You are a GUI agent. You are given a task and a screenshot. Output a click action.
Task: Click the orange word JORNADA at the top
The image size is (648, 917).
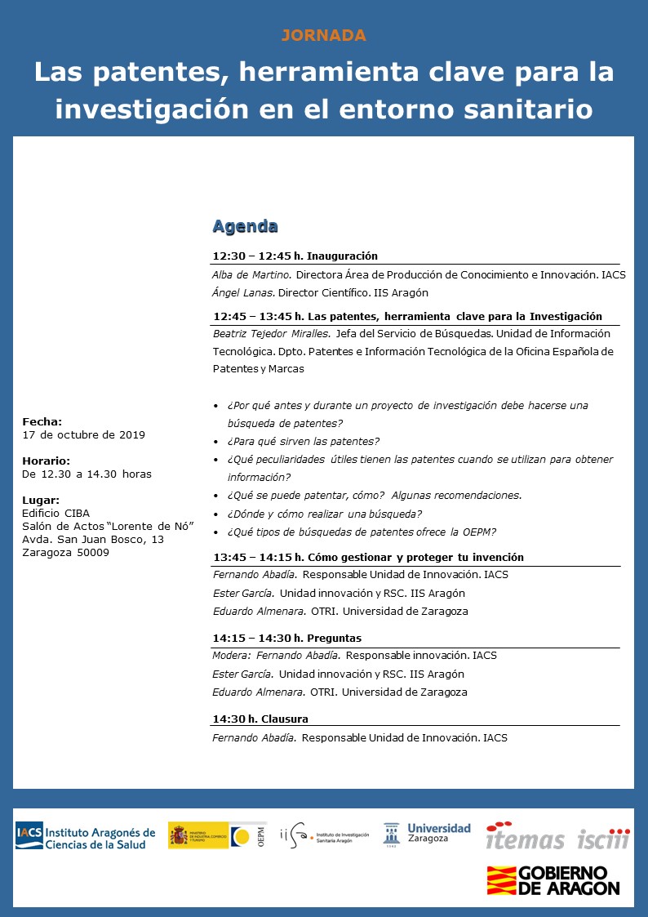pyautogui.click(x=324, y=35)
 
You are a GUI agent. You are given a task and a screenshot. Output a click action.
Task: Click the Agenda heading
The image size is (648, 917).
pyautogui.click(x=245, y=226)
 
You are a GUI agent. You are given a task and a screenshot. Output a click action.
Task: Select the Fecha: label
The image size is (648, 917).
pyautogui.click(x=42, y=421)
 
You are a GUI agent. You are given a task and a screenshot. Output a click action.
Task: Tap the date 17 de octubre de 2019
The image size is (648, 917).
pyautogui.click(x=83, y=434)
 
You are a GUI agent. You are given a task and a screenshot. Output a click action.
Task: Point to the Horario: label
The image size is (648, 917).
pyautogui.click(x=46, y=461)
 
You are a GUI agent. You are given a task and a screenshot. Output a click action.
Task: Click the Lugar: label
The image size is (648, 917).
pyautogui.click(x=41, y=500)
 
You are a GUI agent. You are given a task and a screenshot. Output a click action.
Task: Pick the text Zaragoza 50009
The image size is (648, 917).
pyautogui.click(x=65, y=552)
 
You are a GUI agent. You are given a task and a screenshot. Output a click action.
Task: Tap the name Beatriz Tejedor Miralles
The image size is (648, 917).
pyautogui.click(x=269, y=333)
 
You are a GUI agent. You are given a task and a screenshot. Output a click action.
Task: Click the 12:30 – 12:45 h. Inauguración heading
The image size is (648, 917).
pyautogui.click(x=295, y=256)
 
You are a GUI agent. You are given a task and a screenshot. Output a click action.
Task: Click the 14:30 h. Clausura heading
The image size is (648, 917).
pyautogui.click(x=260, y=719)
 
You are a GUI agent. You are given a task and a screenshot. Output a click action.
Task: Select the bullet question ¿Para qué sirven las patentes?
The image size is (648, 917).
pyautogui.click(x=304, y=441)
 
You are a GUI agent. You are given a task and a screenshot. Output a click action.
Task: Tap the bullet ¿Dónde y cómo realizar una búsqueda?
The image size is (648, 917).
pyautogui.click(x=325, y=514)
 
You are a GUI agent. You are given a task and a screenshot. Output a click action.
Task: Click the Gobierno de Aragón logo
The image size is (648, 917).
pyautogui.click(x=553, y=880)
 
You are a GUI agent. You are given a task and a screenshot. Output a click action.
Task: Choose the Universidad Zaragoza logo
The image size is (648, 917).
pyautogui.click(x=427, y=834)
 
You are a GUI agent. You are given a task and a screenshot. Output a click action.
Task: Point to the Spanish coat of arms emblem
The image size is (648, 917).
pyautogui.click(x=179, y=835)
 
